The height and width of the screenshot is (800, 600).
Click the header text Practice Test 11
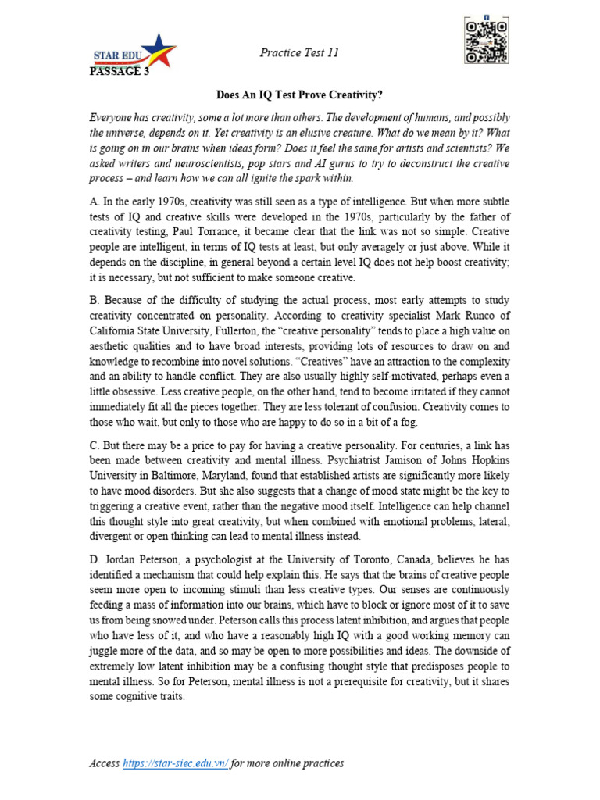pyautogui.click(x=298, y=52)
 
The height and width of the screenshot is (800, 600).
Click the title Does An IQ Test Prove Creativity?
pyautogui.click(x=299, y=95)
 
